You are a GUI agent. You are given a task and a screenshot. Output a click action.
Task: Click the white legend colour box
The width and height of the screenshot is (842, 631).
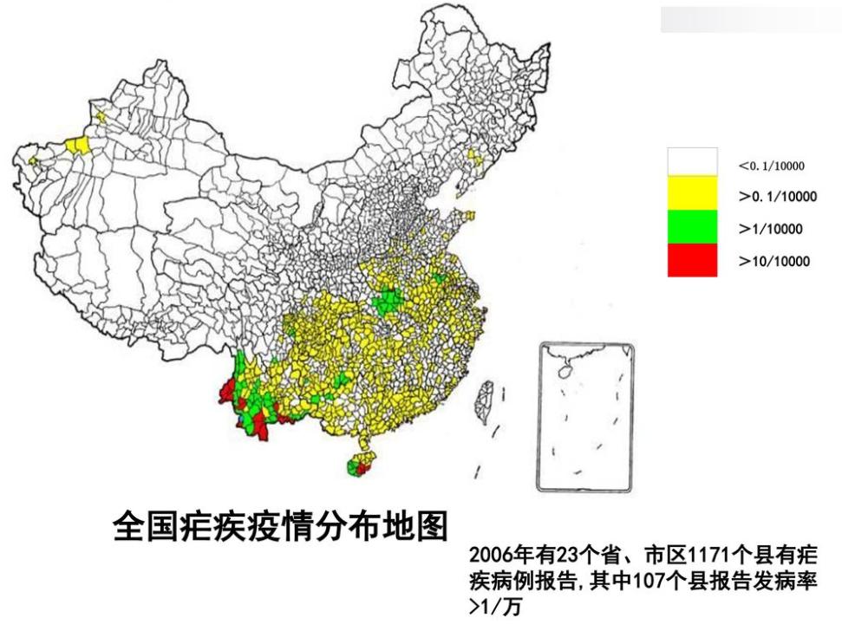692,161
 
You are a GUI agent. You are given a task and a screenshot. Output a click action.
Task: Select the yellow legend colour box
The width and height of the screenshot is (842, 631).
692,193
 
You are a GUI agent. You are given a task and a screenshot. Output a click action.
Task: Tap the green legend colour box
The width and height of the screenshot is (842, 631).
692,227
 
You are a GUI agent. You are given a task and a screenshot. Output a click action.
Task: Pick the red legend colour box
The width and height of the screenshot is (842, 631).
692,260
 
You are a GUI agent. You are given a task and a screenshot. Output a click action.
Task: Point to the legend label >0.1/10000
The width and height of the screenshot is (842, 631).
777,197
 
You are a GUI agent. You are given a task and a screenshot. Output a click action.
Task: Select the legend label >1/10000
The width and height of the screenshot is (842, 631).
771,229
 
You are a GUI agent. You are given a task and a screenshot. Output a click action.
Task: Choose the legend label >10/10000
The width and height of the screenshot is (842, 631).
774,261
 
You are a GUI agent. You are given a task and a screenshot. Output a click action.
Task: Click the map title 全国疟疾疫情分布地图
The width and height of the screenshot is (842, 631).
280,526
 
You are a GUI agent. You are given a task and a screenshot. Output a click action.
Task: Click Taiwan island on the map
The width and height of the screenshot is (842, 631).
484,400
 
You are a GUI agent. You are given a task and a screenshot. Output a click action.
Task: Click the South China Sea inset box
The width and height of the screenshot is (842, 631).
585,416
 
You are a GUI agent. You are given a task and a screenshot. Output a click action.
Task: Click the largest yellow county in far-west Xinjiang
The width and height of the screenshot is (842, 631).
79,146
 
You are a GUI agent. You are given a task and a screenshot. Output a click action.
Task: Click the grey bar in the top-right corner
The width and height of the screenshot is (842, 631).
749,19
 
